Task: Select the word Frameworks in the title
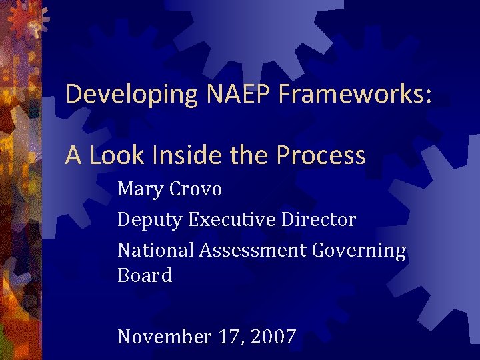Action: pyautogui.click(x=351, y=94)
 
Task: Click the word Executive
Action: pyautogui.click(x=229, y=219)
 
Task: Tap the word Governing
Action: pyautogui.click(x=357, y=251)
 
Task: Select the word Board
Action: pyautogui.click(x=145, y=275)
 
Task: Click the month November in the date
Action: pyautogui.click(x=164, y=337)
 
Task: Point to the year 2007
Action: pyautogui.click(x=273, y=337)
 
